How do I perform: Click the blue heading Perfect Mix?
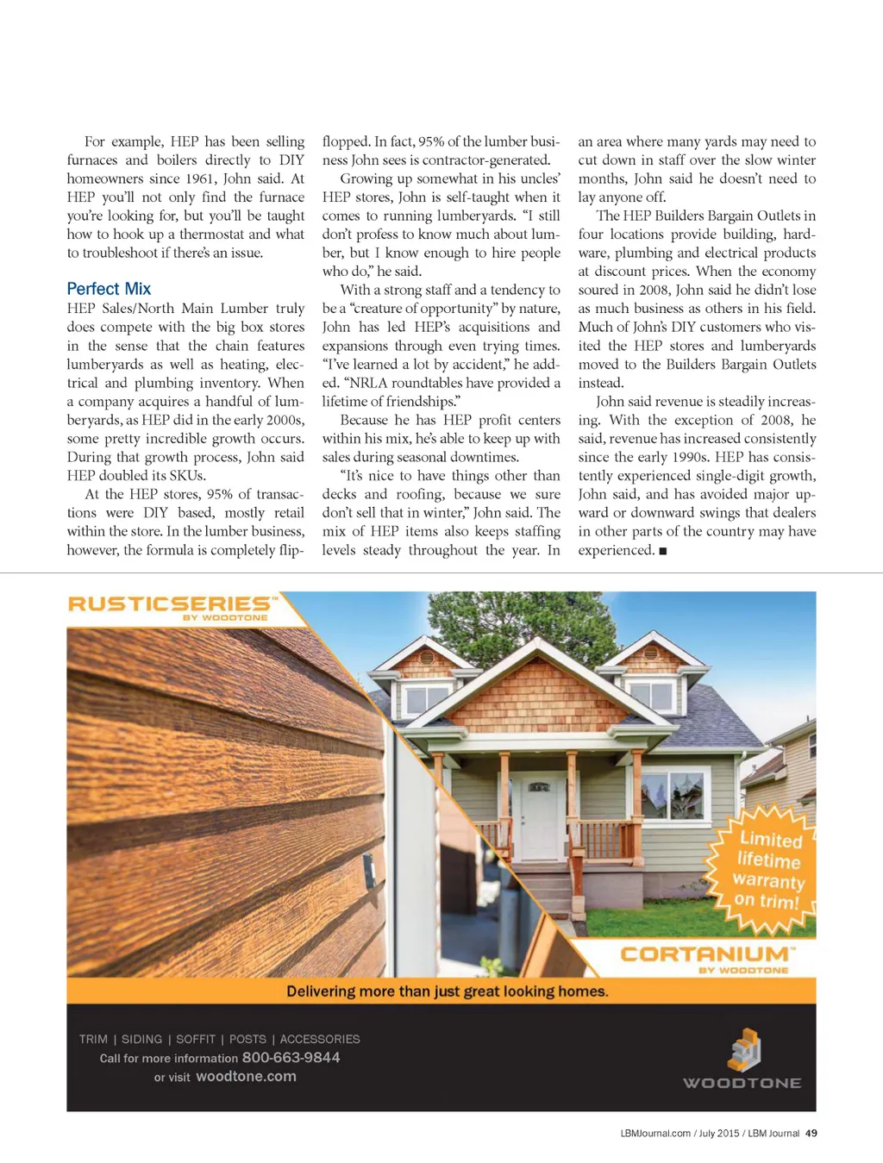[109, 289]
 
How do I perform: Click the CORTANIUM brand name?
[705, 954]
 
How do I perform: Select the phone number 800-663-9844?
[291, 1058]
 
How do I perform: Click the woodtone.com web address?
[246, 1077]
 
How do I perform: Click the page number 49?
[811, 1134]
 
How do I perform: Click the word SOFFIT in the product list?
[196, 1040]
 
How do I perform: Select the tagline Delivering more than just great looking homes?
[447, 991]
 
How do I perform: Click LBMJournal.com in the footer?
[655, 1134]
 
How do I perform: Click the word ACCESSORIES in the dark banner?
[320, 1040]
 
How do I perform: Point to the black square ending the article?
[662, 551]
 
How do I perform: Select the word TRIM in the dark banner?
[93, 1040]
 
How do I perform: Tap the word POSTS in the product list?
[247, 1040]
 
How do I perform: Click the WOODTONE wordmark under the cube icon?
[742, 1083]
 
